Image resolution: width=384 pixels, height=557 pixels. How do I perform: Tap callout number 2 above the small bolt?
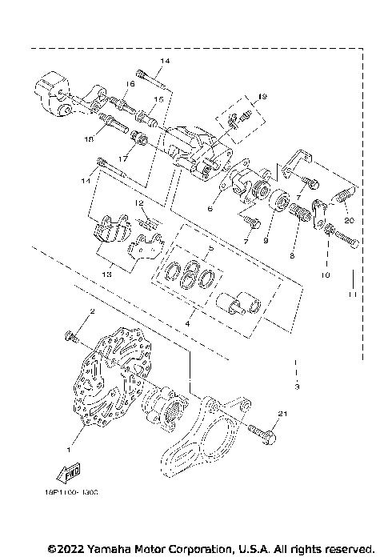coord(92,311)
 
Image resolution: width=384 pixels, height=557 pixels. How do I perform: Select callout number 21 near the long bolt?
coord(282,413)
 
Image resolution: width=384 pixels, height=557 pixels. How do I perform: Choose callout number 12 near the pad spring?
coord(138,203)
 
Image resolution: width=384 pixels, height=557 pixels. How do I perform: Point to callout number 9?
coord(266,238)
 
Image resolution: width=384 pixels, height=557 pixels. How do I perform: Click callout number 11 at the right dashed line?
coord(352,296)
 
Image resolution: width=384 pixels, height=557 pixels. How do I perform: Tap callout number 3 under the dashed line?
coord(296,388)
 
